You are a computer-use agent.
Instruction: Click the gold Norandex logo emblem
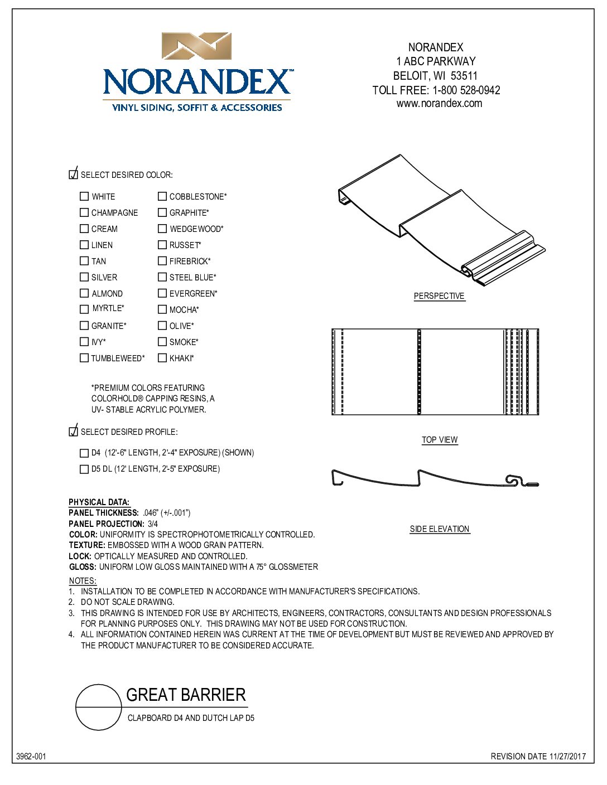(196, 46)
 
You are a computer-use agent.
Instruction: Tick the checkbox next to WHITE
(84, 196)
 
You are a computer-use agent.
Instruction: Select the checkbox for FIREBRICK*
(162, 261)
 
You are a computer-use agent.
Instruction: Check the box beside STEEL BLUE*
(162, 277)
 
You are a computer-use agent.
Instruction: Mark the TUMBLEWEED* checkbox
(84, 358)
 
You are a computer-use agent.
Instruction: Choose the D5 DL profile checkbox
(84, 469)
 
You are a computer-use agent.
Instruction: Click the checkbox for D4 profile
(84, 453)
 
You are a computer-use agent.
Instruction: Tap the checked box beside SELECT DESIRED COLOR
(73, 175)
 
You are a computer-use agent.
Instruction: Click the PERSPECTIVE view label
(439, 296)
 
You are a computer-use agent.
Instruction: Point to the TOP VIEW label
(440, 440)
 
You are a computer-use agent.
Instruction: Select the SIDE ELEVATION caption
(440, 529)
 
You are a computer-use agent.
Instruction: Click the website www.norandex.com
(439, 104)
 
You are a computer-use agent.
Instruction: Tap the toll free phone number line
(436, 90)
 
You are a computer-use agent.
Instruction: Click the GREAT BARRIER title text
(186, 695)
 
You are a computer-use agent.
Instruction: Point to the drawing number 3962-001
(31, 757)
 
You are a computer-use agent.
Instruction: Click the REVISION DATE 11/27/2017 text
(538, 757)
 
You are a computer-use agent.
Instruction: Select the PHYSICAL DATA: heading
(99, 502)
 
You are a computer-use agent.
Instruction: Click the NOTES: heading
(83, 581)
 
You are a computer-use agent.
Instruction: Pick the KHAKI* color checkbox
(162, 358)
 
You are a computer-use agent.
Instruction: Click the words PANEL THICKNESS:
(104, 513)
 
